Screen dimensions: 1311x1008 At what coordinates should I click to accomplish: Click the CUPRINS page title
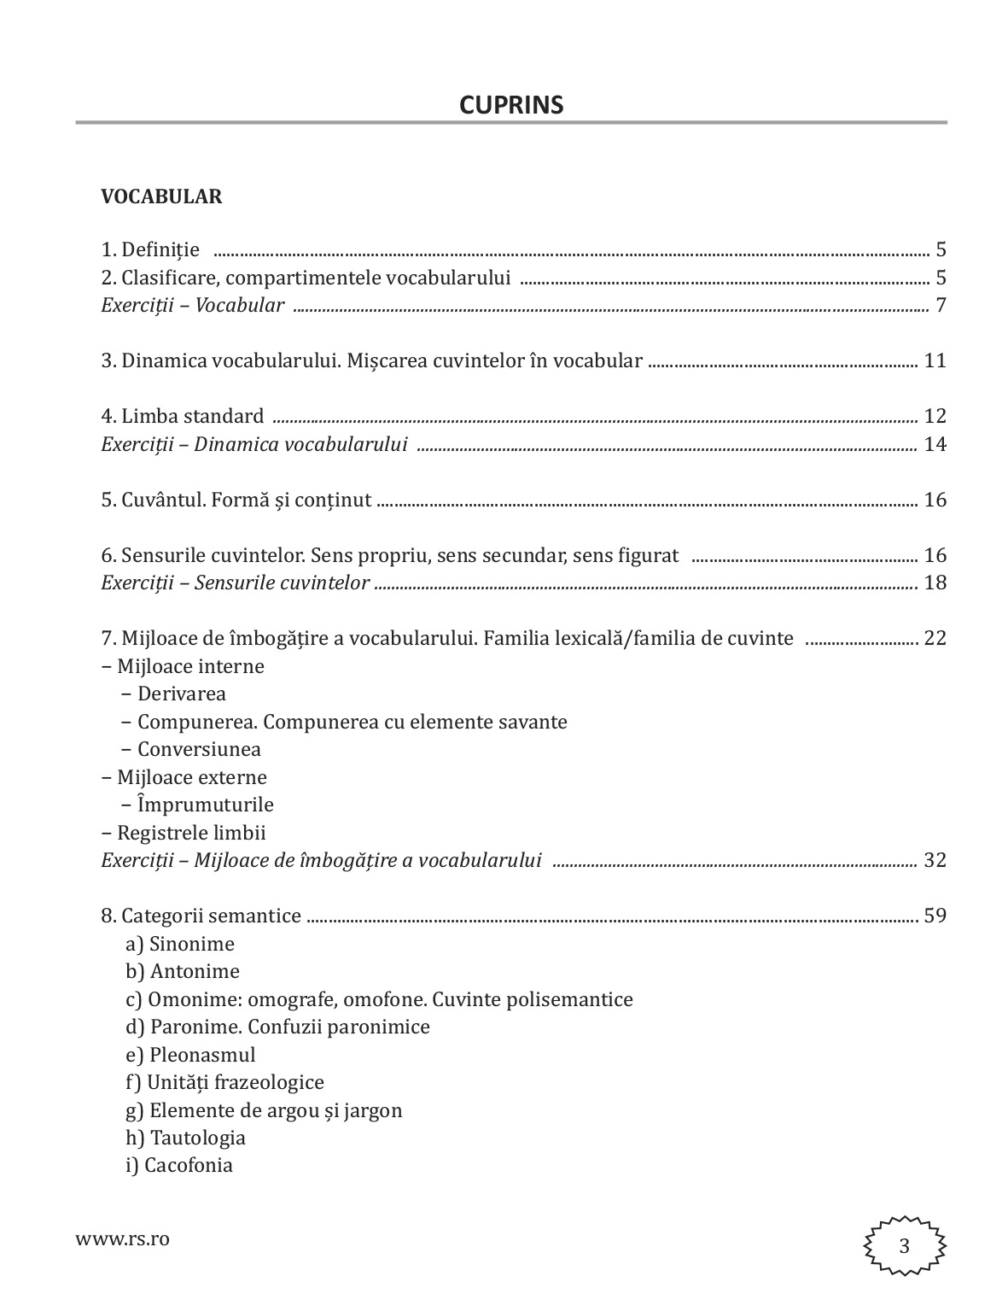coord(511,104)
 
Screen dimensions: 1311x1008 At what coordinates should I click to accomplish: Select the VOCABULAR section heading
coord(161,196)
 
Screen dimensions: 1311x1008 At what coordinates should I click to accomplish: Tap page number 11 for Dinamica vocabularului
coord(935,360)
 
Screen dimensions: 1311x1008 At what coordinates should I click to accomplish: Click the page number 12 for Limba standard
coord(935,417)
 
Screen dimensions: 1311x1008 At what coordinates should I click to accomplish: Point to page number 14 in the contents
coord(935,444)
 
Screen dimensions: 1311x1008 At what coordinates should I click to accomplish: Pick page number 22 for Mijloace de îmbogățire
coord(935,638)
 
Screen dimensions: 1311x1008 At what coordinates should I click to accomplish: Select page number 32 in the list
coord(935,860)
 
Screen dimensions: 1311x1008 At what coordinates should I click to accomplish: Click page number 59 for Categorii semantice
coord(935,916)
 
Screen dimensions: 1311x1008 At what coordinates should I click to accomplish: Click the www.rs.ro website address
coord(122,1238)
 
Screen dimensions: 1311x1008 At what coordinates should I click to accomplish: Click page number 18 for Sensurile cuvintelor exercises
coord(935,583)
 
